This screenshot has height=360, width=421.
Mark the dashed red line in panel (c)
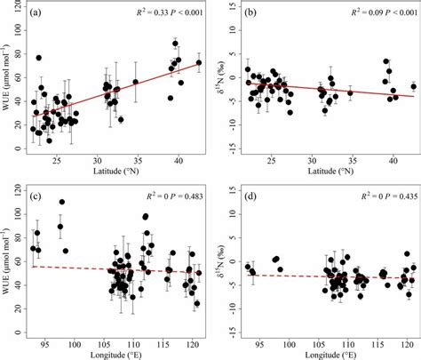(x=115, y=269)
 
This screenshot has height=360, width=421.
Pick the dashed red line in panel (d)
(x=329, y=276)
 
